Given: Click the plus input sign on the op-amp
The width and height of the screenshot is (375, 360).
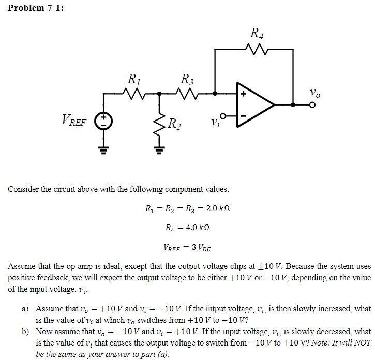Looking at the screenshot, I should point(243,95).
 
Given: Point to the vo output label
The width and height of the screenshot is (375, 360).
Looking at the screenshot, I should point(314,93).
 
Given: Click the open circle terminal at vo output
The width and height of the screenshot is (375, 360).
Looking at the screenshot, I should point(312,104).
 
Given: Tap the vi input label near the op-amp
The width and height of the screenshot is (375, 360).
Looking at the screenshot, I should point(216,124).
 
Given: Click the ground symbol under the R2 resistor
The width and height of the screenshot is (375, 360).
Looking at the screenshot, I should point(159,151).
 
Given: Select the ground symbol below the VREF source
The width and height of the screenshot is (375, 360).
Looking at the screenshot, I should point(103,151).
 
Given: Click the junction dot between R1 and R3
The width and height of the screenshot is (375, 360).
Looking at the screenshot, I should point(159,94).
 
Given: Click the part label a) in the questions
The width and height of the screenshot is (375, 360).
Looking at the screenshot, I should point(25,309).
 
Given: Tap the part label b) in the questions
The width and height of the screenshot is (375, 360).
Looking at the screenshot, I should point(25,332).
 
